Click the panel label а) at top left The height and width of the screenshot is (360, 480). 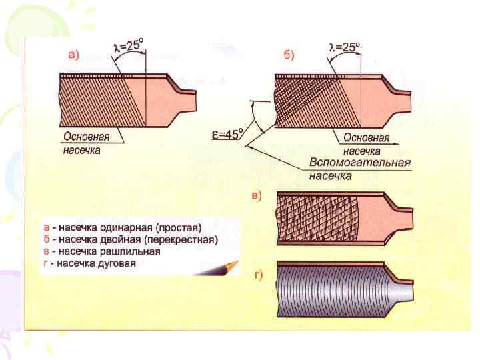pyautogui.click(x=73, y=56)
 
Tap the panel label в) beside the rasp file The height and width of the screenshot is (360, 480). pyautogui.click(x=257, y=195)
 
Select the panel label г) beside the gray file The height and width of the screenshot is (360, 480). pyautogui.click(x=257, y=277)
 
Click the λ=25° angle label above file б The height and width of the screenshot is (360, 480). pyautogui.click(x=345, y=47)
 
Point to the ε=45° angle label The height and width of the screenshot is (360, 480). pyautogui.click(x=226, y=135)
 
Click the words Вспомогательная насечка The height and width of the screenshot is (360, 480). pyautogui.click(x=359, y=169)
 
